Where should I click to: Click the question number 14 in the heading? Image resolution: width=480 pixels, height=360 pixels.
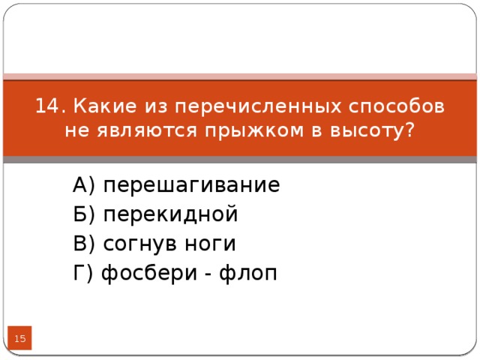tap(49, 106)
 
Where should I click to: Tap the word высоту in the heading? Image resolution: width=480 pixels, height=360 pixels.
tap(358, 130)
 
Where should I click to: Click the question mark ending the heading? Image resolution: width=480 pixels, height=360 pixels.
tap(408, 130)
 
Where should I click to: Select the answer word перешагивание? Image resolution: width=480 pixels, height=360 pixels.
tap(191, 185)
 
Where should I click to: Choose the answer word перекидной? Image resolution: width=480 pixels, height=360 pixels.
tap(170, 215)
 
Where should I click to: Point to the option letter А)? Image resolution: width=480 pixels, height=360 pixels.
tap(85, 185)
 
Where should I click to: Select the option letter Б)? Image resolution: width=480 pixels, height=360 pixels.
tap(85, 215)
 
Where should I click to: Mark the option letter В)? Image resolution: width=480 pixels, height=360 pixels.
tap(85, 244)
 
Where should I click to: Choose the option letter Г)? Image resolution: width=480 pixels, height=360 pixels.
tap(84, 274)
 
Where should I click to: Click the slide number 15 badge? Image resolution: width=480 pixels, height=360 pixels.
tap(19, 340)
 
